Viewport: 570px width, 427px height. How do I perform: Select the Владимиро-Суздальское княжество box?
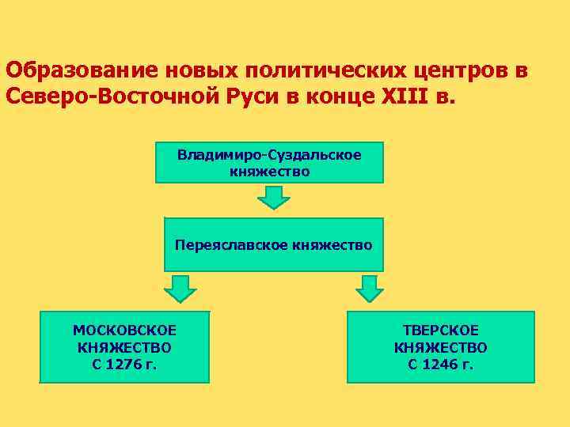pos(269,162)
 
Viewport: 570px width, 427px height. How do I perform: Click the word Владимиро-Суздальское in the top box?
pos(269,155)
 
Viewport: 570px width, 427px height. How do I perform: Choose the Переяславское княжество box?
pos(273,245)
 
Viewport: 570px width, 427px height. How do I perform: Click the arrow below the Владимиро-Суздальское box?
pos(274,196)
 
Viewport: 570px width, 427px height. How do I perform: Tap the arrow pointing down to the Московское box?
pos(180,289)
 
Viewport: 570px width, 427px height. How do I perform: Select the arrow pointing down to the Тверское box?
pos(369,289)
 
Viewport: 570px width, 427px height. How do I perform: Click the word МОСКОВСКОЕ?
pos(124,331)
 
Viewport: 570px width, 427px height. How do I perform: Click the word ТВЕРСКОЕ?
pos(441,331)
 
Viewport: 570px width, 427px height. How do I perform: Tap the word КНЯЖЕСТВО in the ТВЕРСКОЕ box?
pos(441,347)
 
